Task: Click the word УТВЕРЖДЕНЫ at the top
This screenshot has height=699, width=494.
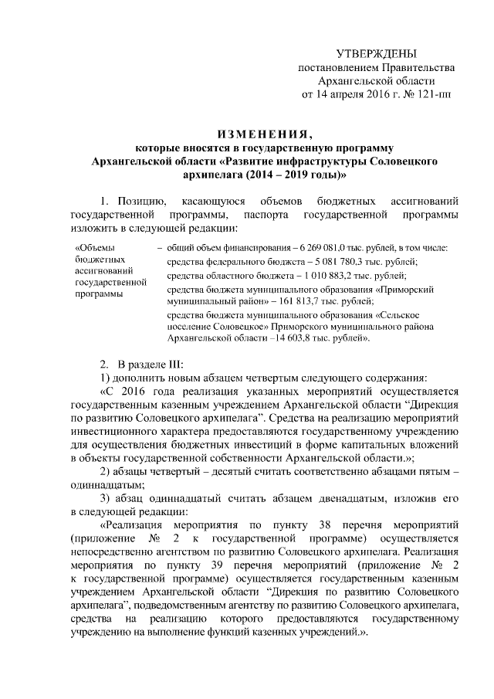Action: [376, 53]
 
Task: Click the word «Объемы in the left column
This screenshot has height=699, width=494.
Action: [94, 247]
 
